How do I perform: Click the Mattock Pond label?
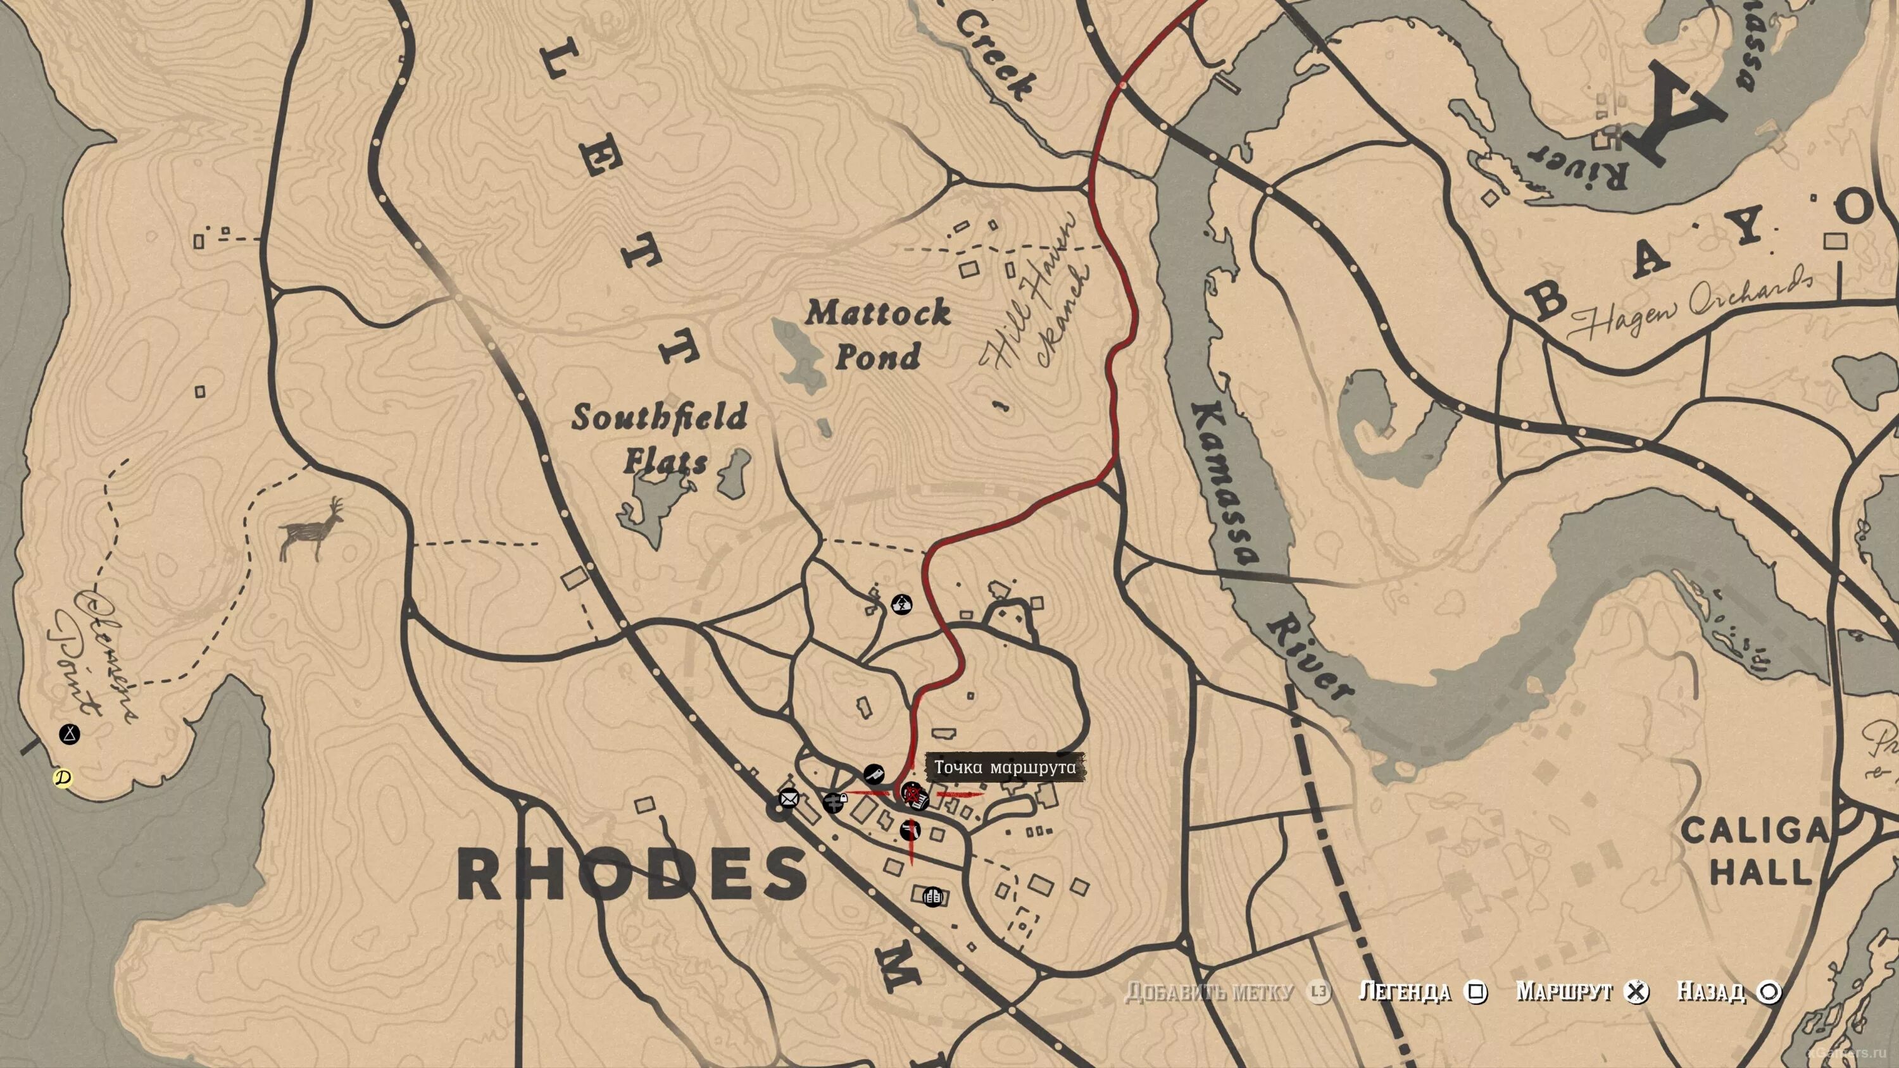[877, 335]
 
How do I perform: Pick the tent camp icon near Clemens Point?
[69, 734]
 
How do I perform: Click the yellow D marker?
[63, 778]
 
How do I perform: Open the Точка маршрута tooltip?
[1004, 767]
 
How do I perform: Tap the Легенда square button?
[1476, 992]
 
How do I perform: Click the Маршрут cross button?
[1636, 992]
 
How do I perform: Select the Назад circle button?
[1769, 992]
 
